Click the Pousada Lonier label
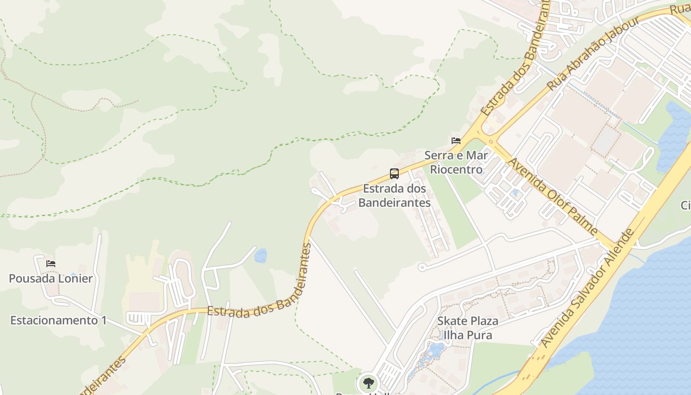coord(50,278)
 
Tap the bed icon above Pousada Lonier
coord(50,264)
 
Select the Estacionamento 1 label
coord(58,320)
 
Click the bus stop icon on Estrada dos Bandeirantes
coord(394,174)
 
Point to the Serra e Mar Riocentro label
coord(456,162)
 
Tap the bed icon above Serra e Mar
coord(456,141)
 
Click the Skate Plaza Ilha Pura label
coord(467,328)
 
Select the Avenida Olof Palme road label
coord(552,197)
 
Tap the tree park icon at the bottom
coord(368,383)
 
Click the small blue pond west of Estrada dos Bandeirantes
coord(261,256)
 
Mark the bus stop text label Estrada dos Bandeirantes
coord(394,196)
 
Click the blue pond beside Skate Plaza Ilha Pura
coord(435,350)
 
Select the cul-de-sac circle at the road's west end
coord(422,267)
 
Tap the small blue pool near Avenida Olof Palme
coord(515,193)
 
